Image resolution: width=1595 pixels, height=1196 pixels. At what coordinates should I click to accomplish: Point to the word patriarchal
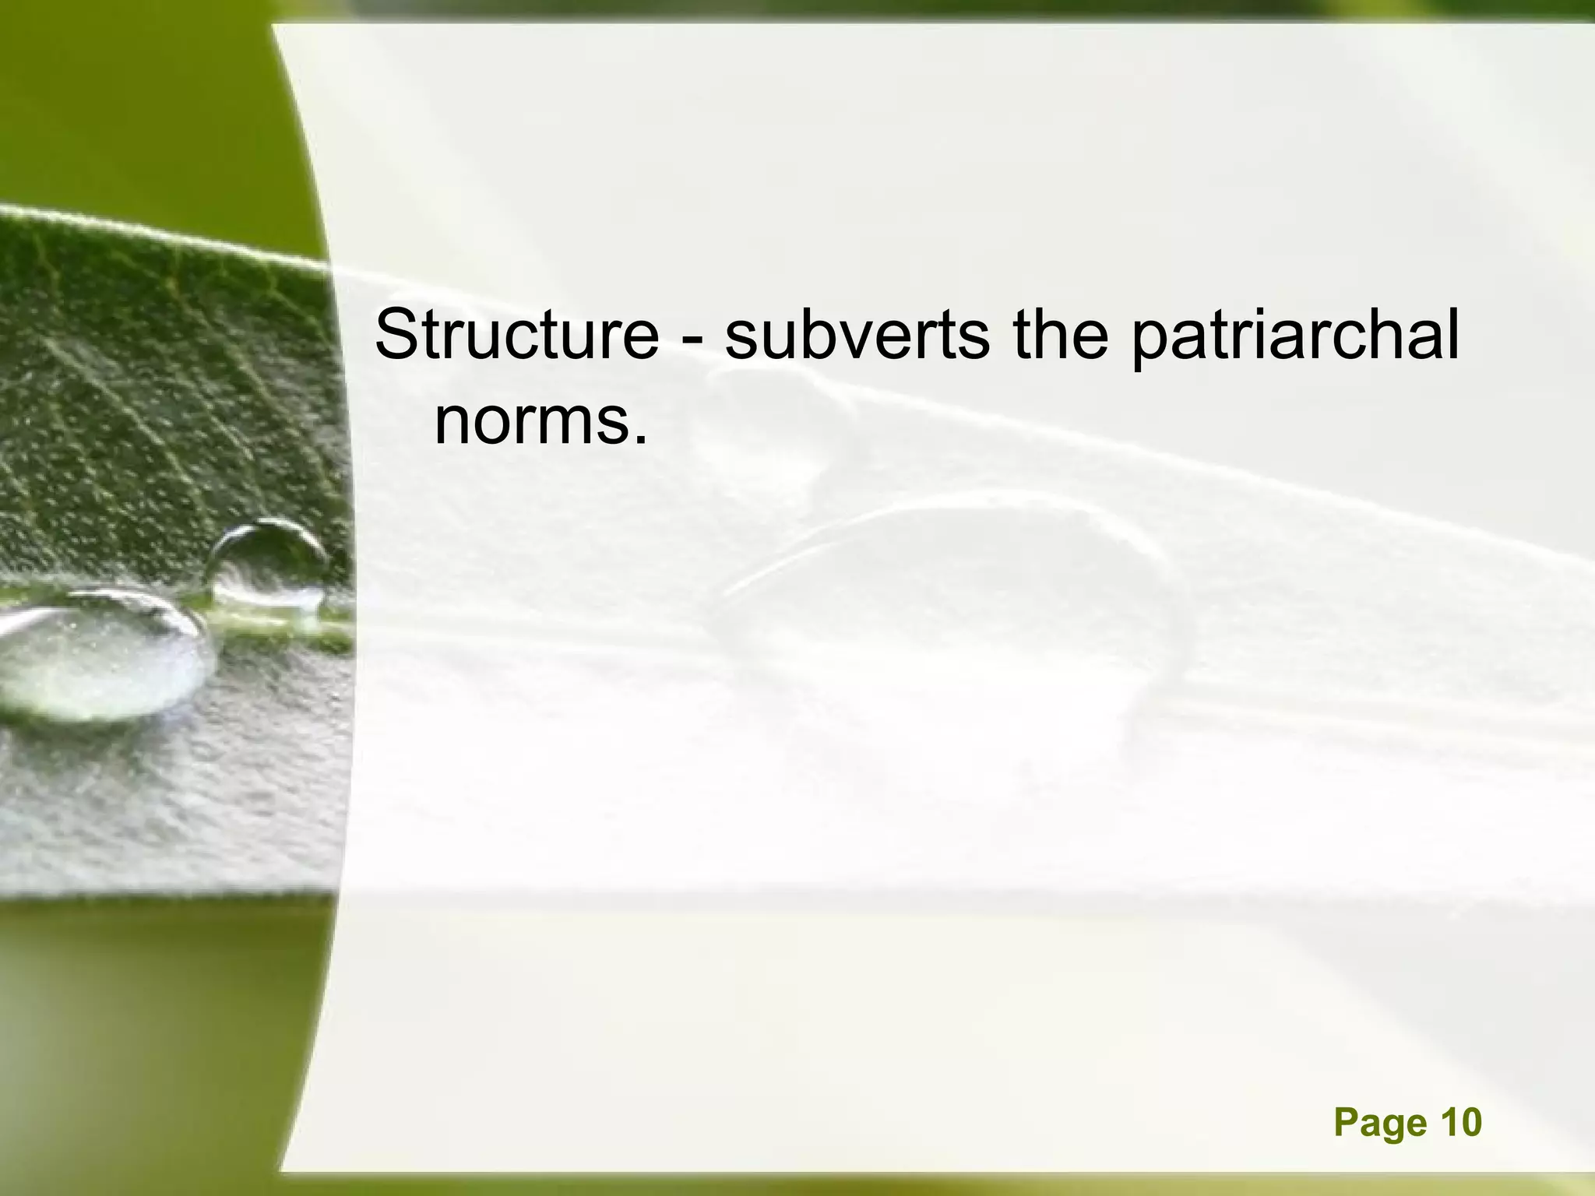[1294, 336]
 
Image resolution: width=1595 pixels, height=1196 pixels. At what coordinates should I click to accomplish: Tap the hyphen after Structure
[692, 339]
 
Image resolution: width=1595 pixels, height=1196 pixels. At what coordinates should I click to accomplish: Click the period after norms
[640, 441]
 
